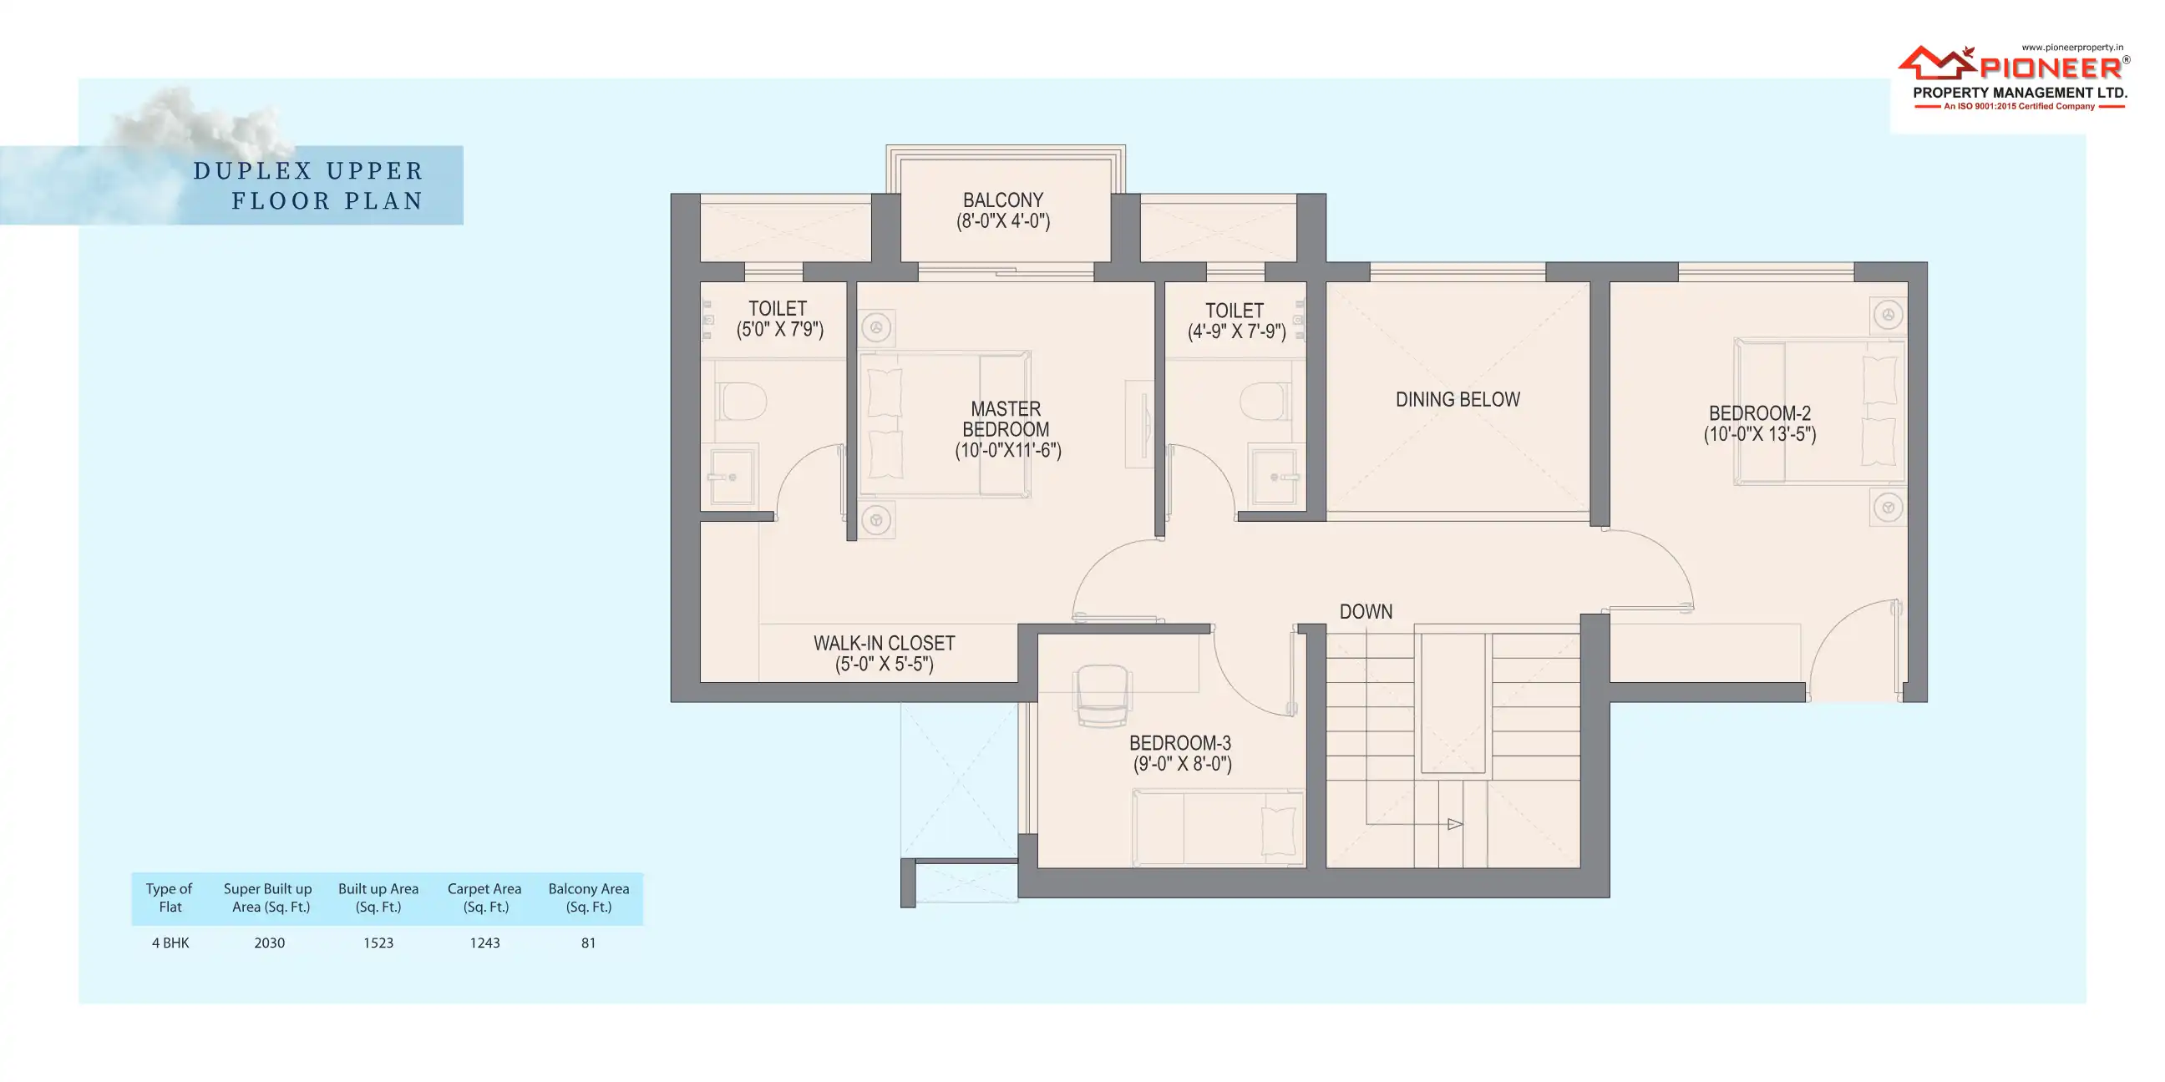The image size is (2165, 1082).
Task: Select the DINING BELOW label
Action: (1458, 399)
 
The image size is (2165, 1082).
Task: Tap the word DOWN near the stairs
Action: (1366, 612)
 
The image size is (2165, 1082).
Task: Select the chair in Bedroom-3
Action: (1103, 695)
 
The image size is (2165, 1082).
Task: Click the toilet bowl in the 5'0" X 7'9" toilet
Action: (743, 402)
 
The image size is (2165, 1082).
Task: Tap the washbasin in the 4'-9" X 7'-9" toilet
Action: (1274, 478)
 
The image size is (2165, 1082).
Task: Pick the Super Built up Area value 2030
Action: (269, 943)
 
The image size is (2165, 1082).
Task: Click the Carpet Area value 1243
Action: (484, 943)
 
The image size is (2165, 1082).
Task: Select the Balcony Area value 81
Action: (588, 943)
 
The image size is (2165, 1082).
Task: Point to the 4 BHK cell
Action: (170, 943)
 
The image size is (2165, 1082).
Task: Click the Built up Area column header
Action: (378, 897)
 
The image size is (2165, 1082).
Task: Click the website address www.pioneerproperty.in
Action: (2071, 48)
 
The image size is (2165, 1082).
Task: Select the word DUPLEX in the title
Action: (253, 170)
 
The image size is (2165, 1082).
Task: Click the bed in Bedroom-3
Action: (1218, 827)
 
